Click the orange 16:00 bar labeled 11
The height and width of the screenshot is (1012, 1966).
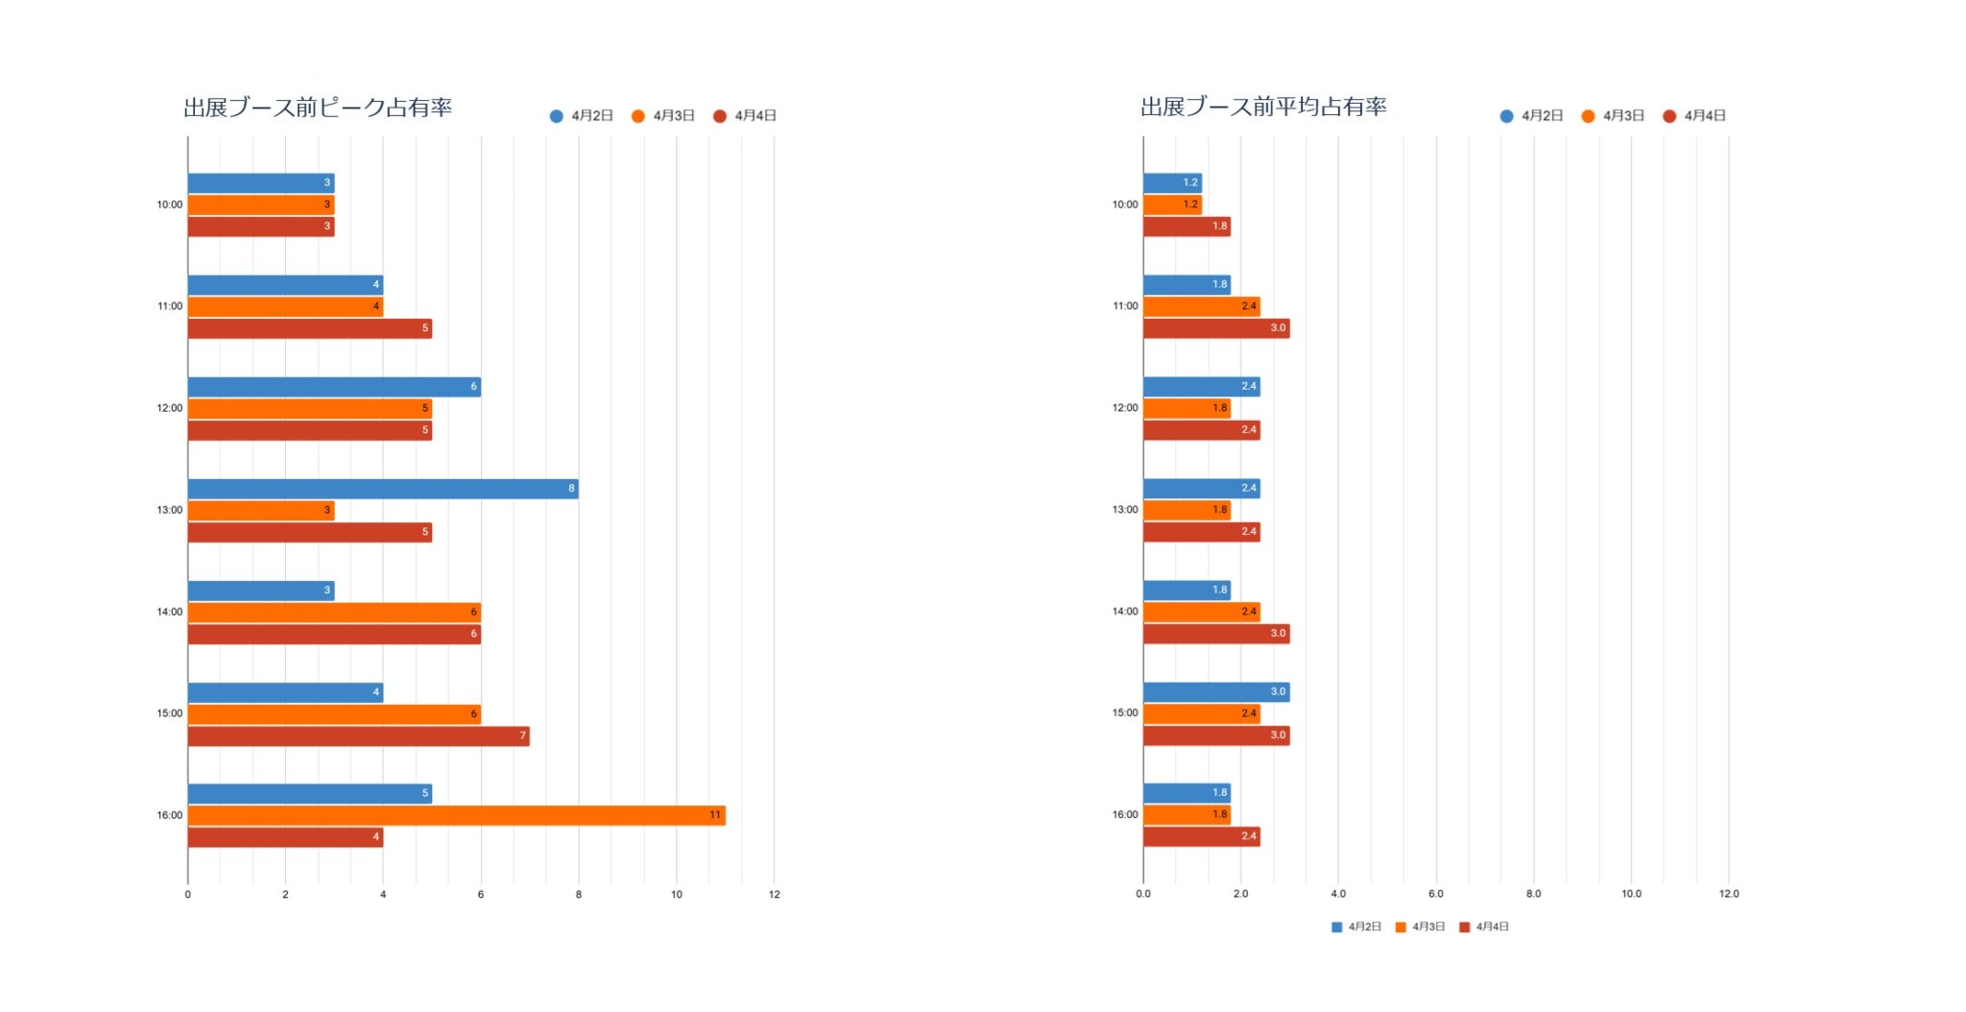tap(456, 815)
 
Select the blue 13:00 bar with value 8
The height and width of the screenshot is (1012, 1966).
tap(382, 489)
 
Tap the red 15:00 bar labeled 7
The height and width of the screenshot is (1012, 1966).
tap(358, 736)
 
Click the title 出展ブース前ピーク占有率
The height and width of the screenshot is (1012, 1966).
tap(318, 108)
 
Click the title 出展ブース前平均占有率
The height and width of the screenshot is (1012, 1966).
tap(1263, 107)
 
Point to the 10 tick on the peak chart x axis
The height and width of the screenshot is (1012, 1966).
tap(677, 895)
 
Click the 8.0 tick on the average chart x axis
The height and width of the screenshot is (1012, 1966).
tap(1533, 894)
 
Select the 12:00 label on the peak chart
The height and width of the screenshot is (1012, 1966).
tap(170, 408)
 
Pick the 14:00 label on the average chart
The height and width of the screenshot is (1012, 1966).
tap(1125, 612)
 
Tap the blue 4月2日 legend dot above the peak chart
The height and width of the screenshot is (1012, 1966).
tap(557, 116)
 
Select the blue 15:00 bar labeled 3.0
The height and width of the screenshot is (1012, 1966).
tap(1216, 692)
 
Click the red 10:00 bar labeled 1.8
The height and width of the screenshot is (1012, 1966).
tap(1187, 227)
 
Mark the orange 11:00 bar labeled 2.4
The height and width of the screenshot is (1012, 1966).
tap(1201, 306)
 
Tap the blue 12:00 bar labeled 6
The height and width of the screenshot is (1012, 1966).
tap(333, 387)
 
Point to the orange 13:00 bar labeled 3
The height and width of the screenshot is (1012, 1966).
tap(260, 510)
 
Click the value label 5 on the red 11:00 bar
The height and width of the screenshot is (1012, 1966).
tap(425, 328)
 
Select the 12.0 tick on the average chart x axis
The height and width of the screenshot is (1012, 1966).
tap(1729, 894)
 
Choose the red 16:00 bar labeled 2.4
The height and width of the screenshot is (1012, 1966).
tap(1201, 836)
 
